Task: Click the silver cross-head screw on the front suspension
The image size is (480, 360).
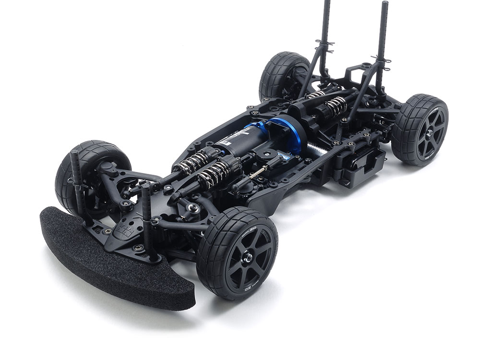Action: click(193, 208)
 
